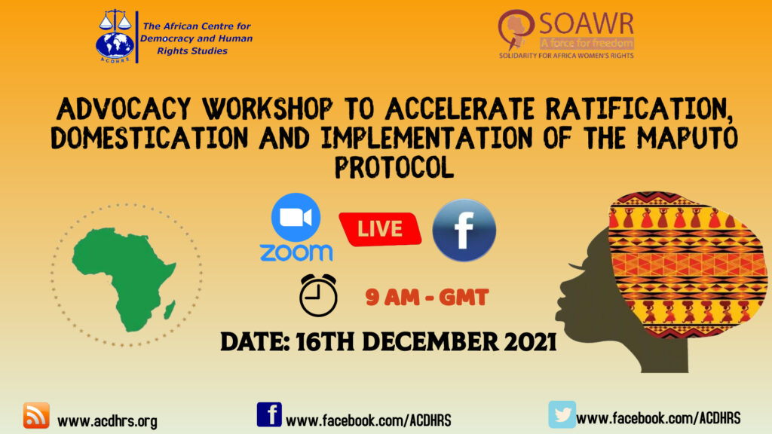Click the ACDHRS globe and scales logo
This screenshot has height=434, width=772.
pyautogui.click(x=115, y=36)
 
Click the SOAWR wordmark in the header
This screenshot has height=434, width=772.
pyautogui.click(x=586, y=23)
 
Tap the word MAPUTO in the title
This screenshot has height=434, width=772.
pyautogui.click(x=688, y=137)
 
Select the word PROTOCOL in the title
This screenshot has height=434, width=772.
pyautogui.click(x=394, y=167)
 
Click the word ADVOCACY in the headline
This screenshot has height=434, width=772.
pyautogui.click(x=124, y=108)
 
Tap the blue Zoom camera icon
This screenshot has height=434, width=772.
pyautogui.click(x=296, y=217)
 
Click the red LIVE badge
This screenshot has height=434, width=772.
pyautogui.click(x=380, y=229)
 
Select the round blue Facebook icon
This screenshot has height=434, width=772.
pyautogui.click(x=464, y=230)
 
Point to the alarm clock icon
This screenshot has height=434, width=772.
pyautogui.click(x=318, y=295)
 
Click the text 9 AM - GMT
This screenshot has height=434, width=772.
pyautogui.click(x=427, y=297)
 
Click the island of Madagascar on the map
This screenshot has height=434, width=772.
pyautogui.click(x=170, y=310)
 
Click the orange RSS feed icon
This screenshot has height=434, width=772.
pyautogui.click(x=36, y=415)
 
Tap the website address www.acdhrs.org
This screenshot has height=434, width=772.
pyautogui.click(x=107, y=421)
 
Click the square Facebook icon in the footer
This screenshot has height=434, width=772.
pyautogui.click(x=269, y=414)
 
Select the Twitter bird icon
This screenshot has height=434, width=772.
pyautogui.click(x=562, y=414)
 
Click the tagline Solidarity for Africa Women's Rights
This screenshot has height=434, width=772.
pyautogui.click(x=566, y=56)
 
